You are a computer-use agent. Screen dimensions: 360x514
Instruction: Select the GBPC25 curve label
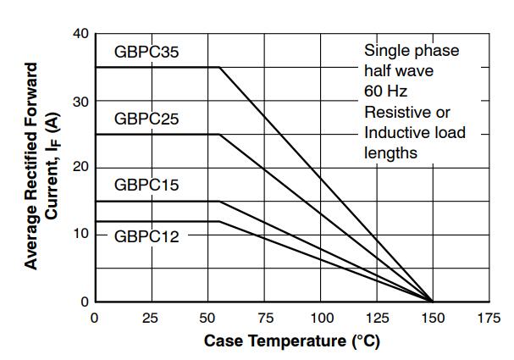(x=146, y=119)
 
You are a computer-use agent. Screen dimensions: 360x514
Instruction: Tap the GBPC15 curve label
(x=146, y=185)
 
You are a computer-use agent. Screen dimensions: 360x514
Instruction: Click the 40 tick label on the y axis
(x=80, y=34)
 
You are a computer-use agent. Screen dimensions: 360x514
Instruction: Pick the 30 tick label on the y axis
(x=80, y=102)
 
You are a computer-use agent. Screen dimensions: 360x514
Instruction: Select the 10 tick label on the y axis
(x=80, y=234)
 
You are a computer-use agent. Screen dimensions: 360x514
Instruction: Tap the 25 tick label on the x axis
(x=150, y=318)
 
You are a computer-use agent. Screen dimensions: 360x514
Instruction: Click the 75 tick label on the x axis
(x=265, y=318)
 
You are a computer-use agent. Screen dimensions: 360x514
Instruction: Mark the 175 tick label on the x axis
(x=489, y=318)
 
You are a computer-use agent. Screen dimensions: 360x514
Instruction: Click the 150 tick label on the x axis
(x=433, y=318)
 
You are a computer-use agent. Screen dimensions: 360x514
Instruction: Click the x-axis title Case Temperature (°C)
(x=292, y=341)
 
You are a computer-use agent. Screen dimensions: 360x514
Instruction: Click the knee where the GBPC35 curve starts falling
(x=219, y=67)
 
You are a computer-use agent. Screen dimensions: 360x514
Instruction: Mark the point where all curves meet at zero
(x=433, y=302)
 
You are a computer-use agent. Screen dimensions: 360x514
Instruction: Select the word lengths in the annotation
(x=390, y=153)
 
